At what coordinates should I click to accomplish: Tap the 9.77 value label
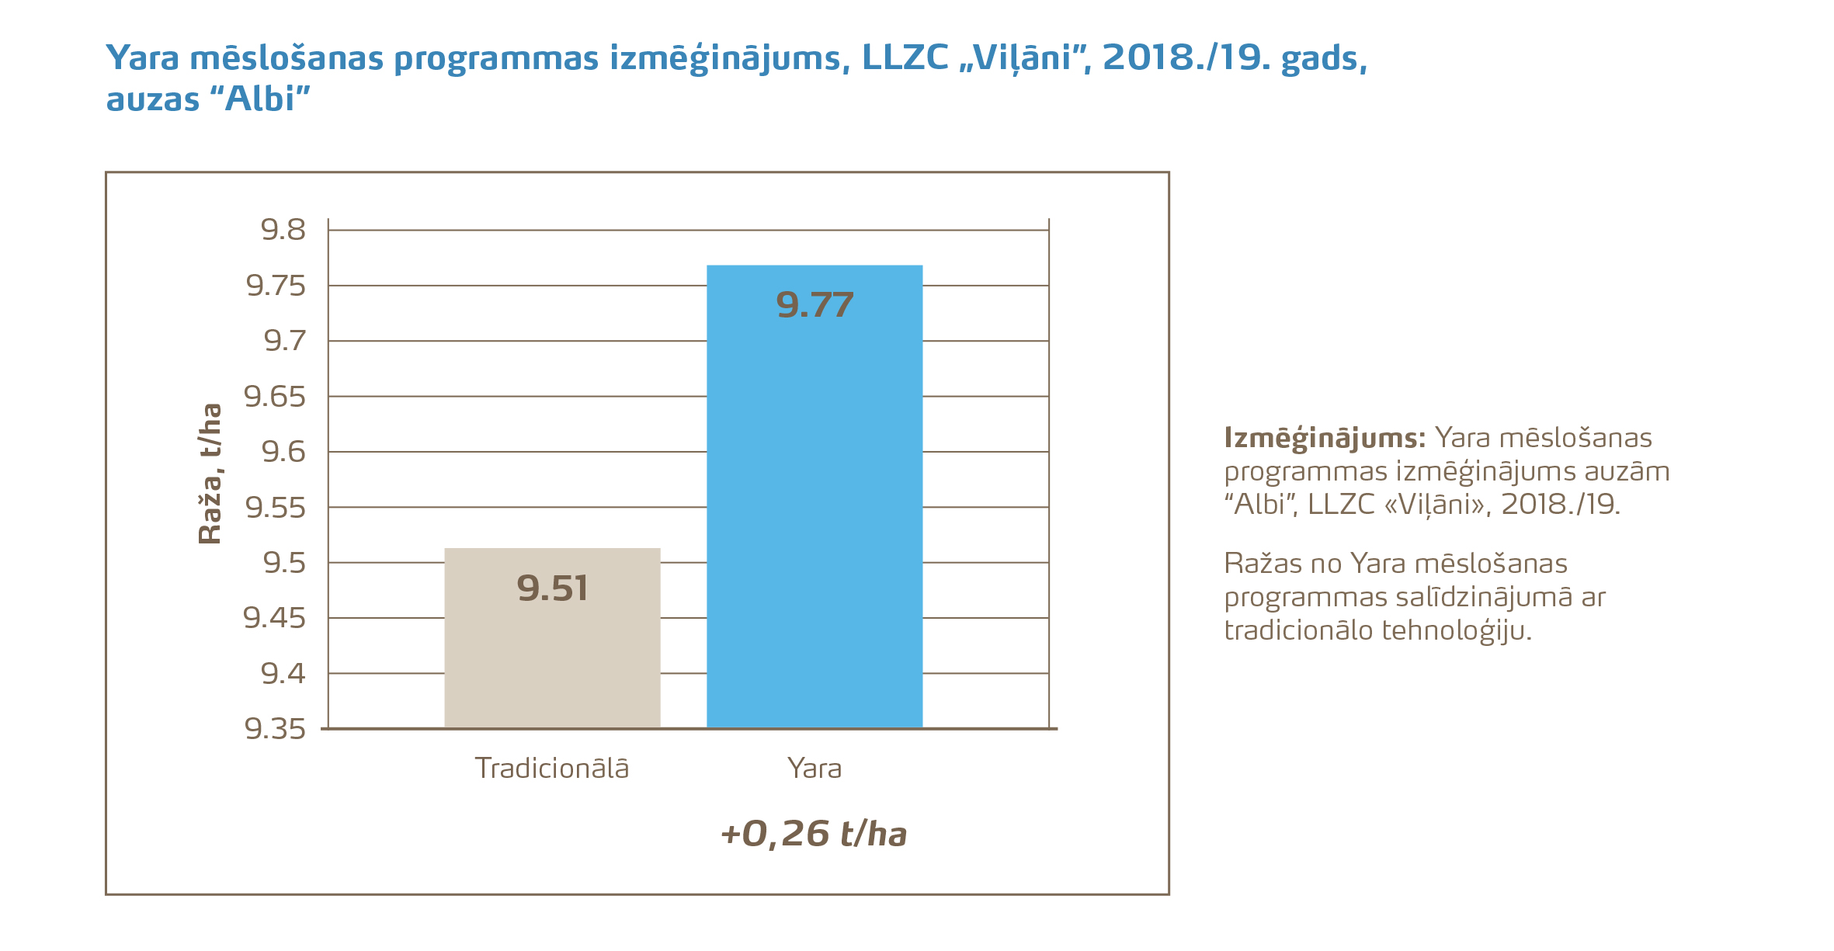(815, 305)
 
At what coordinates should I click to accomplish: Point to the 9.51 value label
(552, 588)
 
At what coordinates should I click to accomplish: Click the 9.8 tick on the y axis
(283, 230)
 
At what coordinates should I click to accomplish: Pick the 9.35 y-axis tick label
(275, 729)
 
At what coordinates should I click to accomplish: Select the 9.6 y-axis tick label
(283, 452)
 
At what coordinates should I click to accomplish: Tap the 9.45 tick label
(275, 618)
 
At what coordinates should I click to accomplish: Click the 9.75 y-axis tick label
(276, 286)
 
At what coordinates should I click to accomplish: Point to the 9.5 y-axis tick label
(284, 563)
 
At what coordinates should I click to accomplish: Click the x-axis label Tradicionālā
(552, 769)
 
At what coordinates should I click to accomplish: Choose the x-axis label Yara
(815, 769)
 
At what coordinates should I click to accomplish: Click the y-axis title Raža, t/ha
(210, 474)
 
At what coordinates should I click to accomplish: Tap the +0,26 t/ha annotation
(814, 834)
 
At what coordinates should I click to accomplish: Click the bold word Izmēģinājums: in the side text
(1325, 439)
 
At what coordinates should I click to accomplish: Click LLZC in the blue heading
(905, 57)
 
